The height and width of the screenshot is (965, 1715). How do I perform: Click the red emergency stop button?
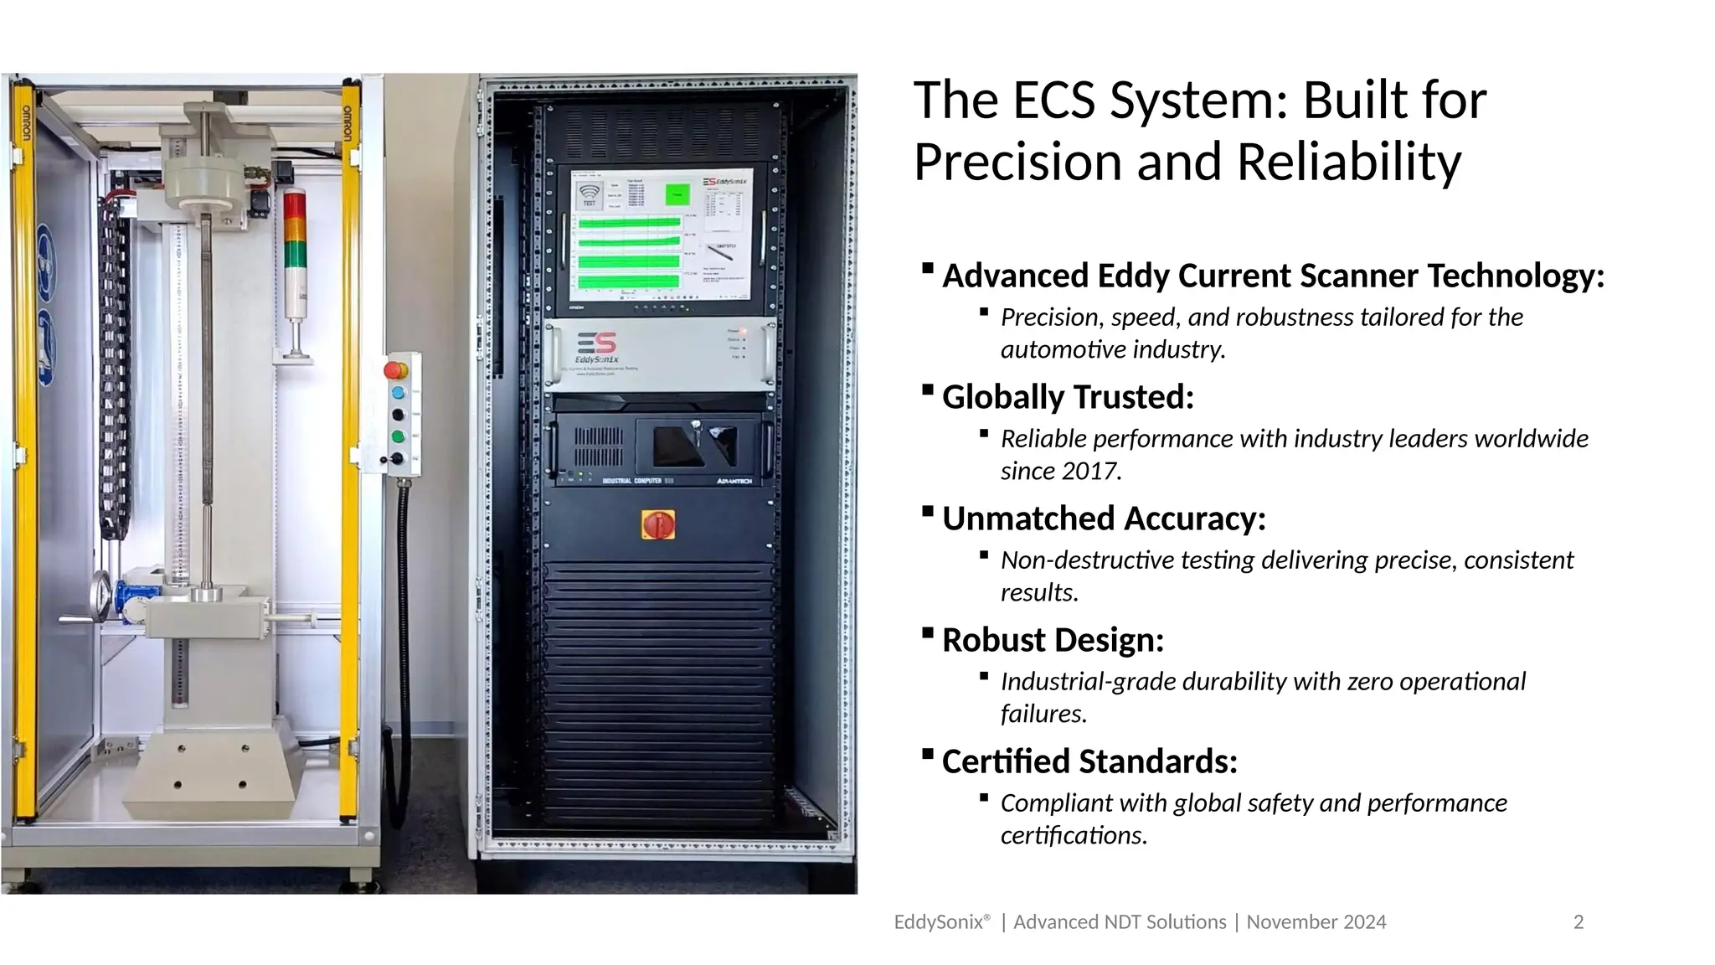pyautogui.click(x=395, y=369)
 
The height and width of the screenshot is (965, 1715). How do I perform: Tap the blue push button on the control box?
pyautogui.click(x=399, y=393)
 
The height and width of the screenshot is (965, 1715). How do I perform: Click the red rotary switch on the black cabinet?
pyautogui.click(x=657, y=524)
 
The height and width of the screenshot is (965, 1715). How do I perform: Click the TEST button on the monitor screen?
pyautogui.click(x=589, y=196)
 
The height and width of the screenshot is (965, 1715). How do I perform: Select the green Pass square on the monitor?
pyautogui.click(x=677, y=194)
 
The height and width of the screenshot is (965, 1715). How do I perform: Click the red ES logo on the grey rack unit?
pyautogui.click(x=597, y=343)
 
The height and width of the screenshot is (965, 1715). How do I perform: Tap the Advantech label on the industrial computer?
pyautogui.click(x=734, y=481)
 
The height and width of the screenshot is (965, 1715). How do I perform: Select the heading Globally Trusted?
pyautogui.click(x=1068, y=397)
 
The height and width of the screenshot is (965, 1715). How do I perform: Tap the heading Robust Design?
pyautogui.click(x=1053, y=640)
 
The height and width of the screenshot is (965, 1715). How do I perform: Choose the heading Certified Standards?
pyautogui.click(x=1089, y=761)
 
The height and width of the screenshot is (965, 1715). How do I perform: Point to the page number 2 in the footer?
pyautogui.click(x=1579, y=922)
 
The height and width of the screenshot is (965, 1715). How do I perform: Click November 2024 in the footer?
pyautogui.click(x=1316, y=922)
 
